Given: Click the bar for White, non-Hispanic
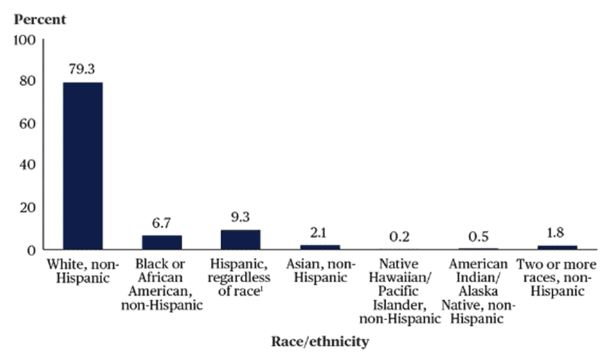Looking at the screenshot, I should coord(82,165).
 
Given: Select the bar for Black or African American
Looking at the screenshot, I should coord(162,242).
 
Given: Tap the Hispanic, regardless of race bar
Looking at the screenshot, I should coord(241,239).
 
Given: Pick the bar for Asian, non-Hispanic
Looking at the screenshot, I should coord(320,246).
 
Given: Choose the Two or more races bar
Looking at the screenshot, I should coord(557,247).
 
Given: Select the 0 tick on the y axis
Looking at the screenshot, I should coord(31,249).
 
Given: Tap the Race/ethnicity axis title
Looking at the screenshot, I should coord(319,341).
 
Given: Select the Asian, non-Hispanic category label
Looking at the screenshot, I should coord(320,271).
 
